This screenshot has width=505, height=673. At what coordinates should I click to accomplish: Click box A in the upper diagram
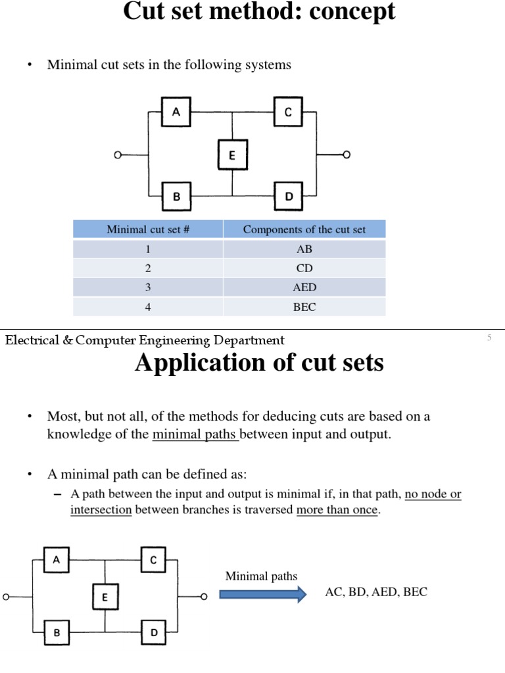[176, 113]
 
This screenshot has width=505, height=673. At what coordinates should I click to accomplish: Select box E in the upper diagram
[232, 155]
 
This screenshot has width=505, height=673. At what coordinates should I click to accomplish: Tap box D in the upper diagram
[289, 197]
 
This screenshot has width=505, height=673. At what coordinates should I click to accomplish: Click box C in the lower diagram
[153, 560]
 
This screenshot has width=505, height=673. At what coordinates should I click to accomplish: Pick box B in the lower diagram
[57, 633]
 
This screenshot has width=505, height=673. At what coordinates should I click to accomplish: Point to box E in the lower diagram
[105, 597]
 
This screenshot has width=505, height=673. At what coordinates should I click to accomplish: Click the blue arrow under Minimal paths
[262, 595]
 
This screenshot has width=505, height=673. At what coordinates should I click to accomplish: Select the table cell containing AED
[304, 287]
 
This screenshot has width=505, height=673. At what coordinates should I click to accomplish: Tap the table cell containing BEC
[304, 307]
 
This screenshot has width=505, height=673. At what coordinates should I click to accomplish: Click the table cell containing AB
[304, 249]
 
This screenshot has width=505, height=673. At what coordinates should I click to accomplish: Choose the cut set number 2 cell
[148, 268]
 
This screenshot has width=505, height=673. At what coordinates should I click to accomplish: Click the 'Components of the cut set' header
[304, 229]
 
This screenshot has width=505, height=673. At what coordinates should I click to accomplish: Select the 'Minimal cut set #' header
[148, 229]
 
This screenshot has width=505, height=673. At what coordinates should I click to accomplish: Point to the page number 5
[489, 338]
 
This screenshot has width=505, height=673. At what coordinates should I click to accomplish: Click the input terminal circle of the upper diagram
[118, 155]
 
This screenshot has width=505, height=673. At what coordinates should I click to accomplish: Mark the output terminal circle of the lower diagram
[204, 597]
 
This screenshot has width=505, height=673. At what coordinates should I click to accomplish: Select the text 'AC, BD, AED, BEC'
[376, 592]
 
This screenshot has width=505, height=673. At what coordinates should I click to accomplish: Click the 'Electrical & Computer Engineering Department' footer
[145, 340]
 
